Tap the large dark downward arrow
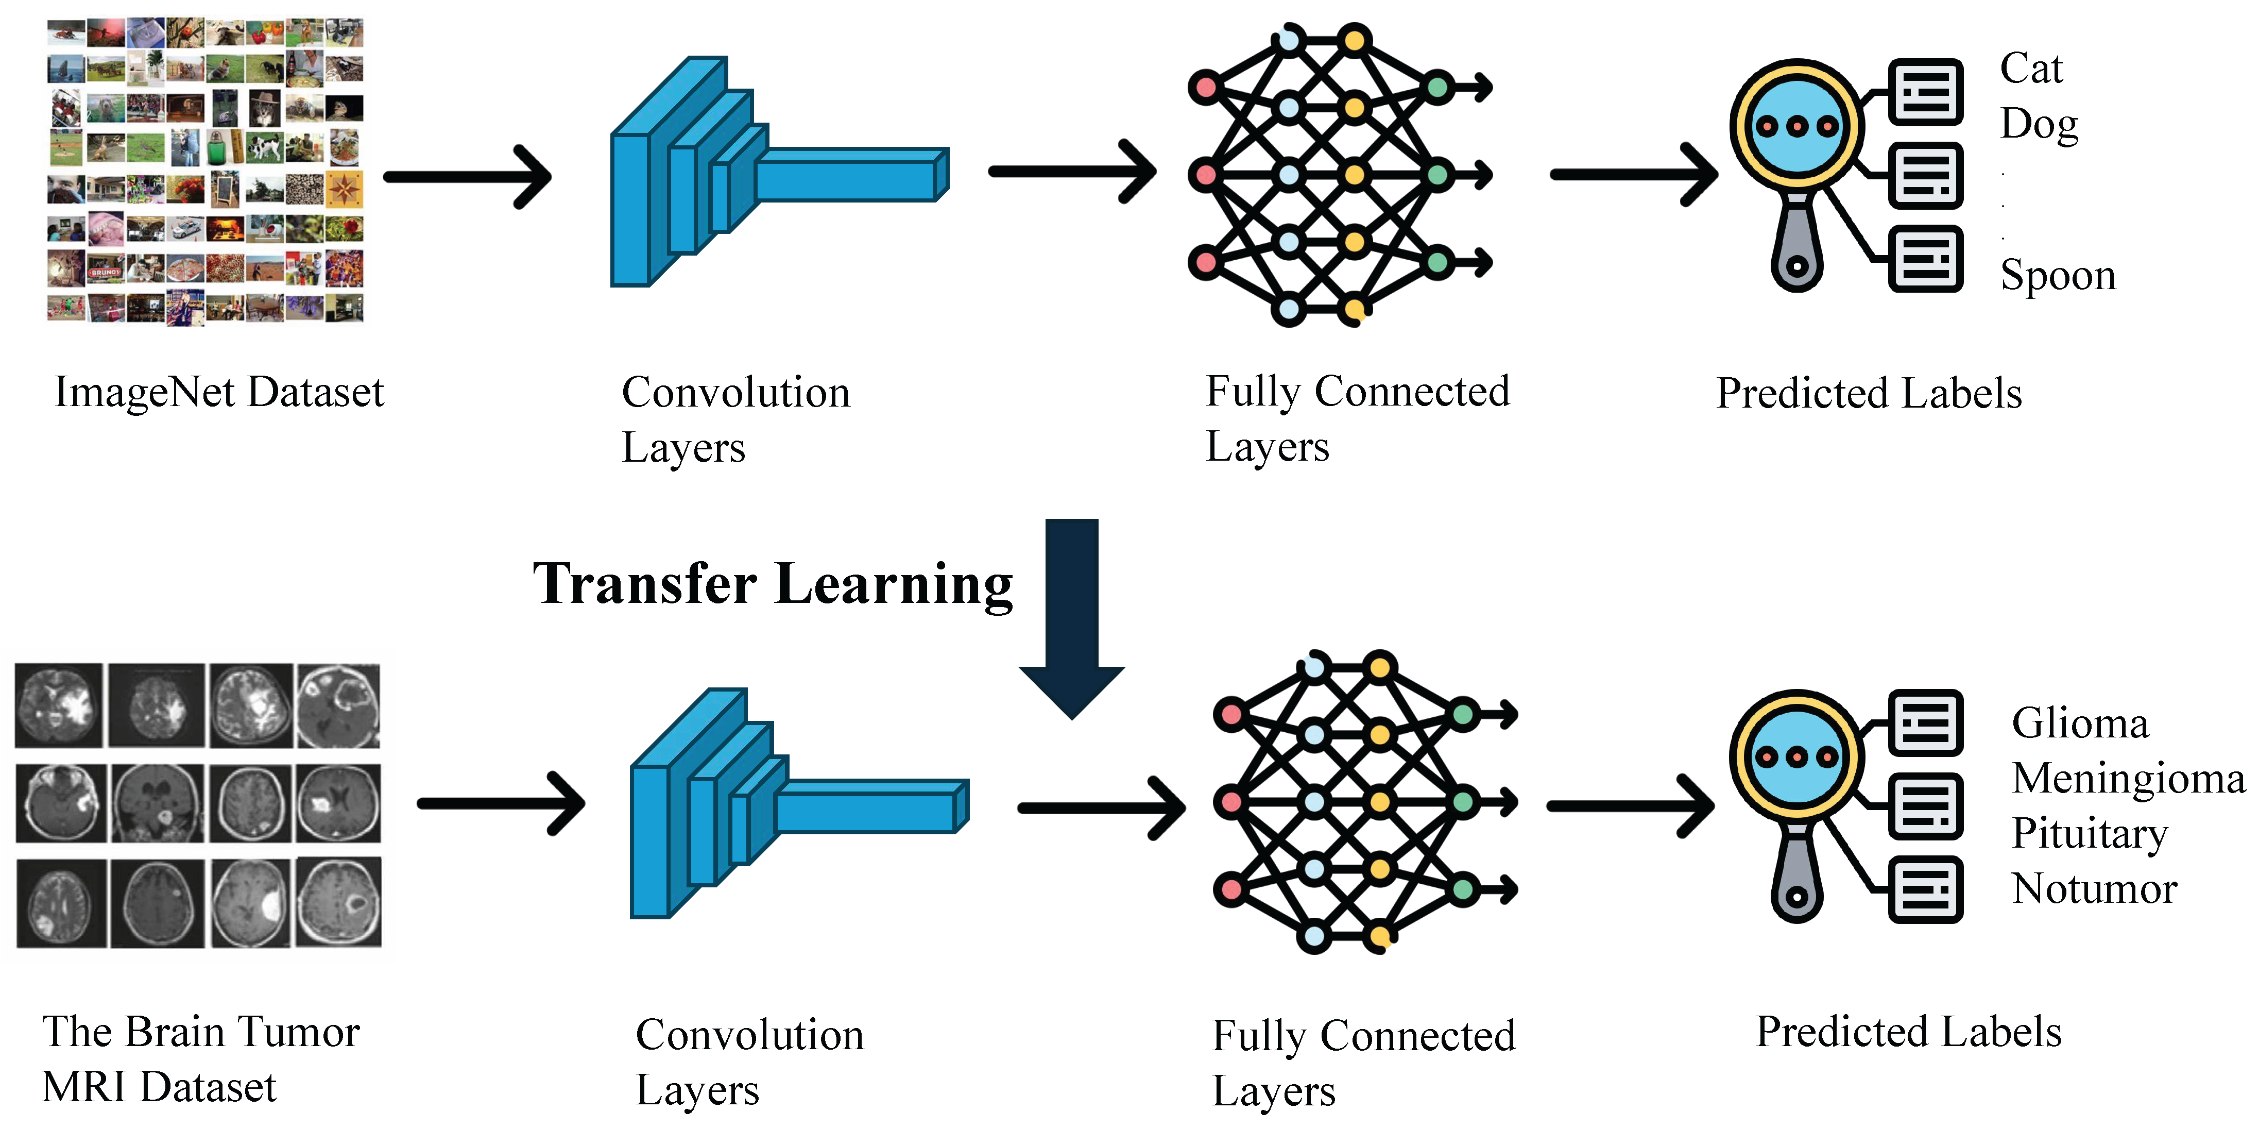1072,618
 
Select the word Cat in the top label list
2031,69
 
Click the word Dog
2039,124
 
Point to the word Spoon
2057,275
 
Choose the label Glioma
2080,723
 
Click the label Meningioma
2128,778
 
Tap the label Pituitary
2089,833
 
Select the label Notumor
2094,888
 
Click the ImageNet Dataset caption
219,392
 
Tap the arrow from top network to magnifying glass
1633,175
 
